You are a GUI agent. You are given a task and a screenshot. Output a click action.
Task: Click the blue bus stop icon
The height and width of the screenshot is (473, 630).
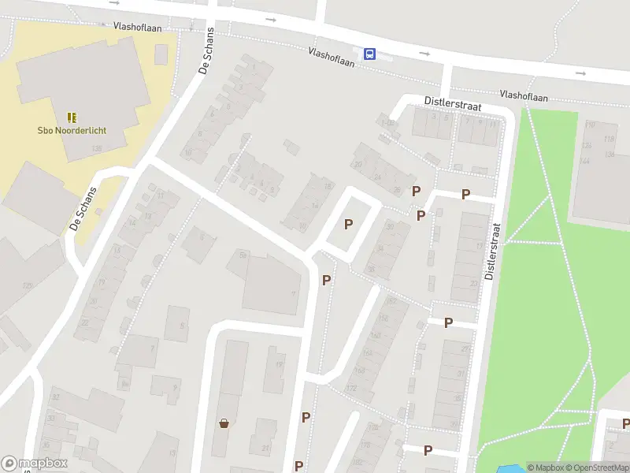point(369,54)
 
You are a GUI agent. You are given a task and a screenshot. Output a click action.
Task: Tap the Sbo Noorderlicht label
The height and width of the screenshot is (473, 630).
point(72,131)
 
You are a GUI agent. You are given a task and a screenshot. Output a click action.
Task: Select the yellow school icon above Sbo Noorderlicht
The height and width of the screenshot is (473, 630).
point(72,117)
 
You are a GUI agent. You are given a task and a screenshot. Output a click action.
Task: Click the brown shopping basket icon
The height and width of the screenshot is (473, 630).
point(224,423)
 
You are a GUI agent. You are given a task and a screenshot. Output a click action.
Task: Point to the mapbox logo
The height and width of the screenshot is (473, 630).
point(35,464)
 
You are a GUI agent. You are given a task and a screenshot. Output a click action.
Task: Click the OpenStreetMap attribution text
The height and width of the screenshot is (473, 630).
point(598,467)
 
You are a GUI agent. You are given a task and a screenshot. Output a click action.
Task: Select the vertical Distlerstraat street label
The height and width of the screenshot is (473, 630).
point(491,250)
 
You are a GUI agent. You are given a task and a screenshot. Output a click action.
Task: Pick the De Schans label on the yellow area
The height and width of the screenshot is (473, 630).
point(83,208)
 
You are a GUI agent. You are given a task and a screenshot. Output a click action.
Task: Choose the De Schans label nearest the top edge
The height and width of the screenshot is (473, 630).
point(207,60)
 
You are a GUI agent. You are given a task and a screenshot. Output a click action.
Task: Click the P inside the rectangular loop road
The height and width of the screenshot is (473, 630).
point(348,224)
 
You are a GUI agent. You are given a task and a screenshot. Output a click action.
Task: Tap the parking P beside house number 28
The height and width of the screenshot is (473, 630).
point(417,191)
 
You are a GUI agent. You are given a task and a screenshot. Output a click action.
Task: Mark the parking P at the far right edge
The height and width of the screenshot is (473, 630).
point(625,424)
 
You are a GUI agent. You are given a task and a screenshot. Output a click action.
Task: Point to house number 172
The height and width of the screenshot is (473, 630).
point(351,388)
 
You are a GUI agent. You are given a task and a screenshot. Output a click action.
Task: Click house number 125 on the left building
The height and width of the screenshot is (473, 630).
point(27,285)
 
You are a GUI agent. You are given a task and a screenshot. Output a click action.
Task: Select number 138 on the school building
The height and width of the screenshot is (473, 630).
point(97,148)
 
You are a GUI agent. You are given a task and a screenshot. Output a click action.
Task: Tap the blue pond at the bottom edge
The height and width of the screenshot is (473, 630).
point(503,468)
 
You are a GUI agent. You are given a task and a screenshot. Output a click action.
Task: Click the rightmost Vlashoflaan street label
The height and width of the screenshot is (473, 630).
point(524,95)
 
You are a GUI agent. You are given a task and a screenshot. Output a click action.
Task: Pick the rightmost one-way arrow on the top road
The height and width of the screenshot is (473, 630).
point(580,73)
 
